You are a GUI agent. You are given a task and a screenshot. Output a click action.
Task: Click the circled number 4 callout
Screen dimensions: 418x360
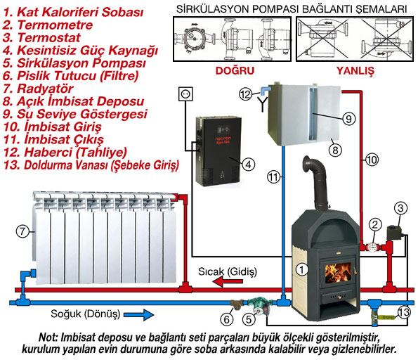[248, 165]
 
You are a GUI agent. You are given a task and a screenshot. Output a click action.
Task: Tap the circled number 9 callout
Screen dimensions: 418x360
[348, 119]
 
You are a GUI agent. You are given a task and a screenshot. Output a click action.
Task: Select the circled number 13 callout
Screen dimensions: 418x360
[403, 312]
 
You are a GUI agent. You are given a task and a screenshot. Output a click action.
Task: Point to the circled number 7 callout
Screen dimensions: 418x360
[22, 231]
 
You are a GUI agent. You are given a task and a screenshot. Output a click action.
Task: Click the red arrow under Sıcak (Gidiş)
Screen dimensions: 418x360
[228, 281]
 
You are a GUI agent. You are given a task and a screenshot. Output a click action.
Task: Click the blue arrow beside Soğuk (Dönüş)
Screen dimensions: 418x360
[138, 315]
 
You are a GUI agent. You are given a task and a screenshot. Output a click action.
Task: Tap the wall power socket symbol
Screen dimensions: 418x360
[185, 94]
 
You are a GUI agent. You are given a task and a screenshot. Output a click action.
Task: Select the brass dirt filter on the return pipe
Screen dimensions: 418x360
[237, 304]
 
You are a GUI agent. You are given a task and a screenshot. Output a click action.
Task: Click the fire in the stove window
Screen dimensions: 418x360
[338, 273]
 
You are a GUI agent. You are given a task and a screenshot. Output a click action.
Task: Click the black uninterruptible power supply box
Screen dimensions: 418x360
[218, 151]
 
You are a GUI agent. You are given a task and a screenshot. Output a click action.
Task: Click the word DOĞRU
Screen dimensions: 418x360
[235, 71]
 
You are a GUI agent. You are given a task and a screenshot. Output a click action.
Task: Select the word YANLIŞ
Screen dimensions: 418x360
[355, 71]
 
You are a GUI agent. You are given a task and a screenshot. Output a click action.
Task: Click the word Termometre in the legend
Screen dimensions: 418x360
[55, 25]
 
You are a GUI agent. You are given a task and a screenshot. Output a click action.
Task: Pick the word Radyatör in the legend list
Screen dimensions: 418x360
[45, 89]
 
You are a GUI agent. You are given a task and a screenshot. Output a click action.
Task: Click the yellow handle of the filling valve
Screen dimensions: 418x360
[386, 317]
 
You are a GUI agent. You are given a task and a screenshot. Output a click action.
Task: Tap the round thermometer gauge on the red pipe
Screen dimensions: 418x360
[372, 247]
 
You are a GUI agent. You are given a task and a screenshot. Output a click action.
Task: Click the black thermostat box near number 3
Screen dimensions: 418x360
[393, 233]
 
